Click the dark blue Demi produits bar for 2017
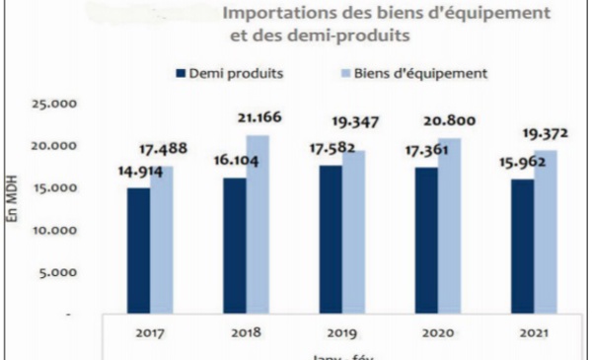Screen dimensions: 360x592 coord(138,251)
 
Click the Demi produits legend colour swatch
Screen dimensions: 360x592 coord(180,73)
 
